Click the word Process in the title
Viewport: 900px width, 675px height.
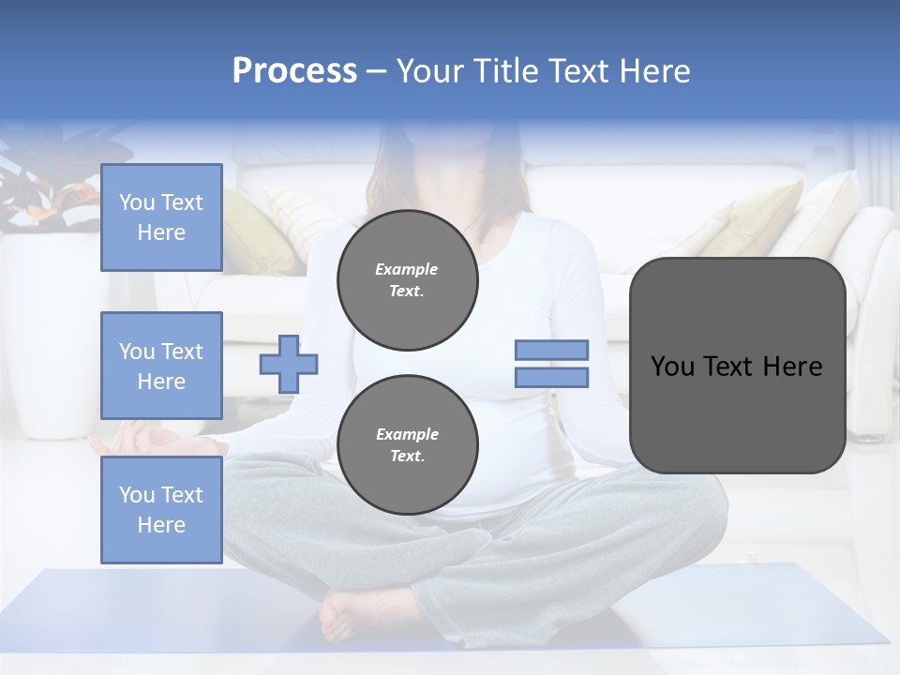[294, 71]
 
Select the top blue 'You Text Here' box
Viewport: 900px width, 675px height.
[161, 217]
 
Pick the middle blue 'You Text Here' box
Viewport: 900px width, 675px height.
[161, 366]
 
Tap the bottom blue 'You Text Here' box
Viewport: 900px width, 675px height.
[161, 510]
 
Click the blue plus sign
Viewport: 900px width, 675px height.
[289, 364]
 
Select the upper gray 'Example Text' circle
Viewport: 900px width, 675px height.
[407, 280]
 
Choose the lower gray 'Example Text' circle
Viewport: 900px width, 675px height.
[407, 444]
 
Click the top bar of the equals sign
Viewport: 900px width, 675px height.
[551, 350]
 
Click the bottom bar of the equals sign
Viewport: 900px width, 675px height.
[551, 377]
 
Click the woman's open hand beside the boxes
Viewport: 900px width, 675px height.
[141, 440]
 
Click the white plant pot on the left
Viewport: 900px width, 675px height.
[56, 337]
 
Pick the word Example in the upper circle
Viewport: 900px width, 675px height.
[407, 269]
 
